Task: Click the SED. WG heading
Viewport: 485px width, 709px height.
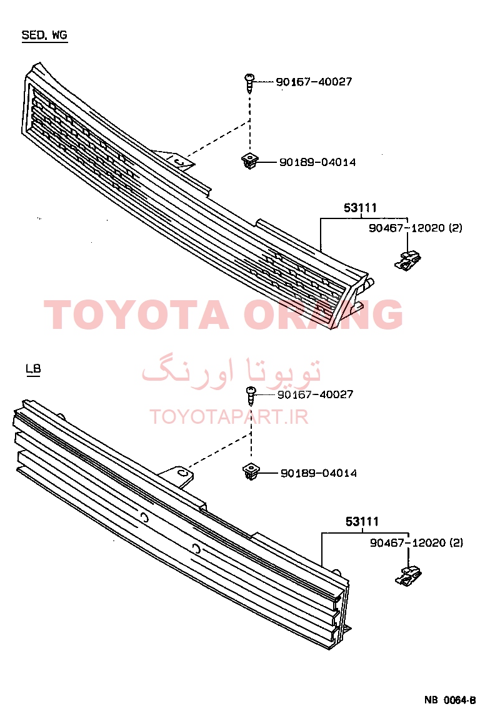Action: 44,36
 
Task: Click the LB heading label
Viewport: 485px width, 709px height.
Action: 33,369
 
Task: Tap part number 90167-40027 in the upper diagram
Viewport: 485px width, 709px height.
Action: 314,81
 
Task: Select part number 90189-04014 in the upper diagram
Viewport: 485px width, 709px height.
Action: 317,162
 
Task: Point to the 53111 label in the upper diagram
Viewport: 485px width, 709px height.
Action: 361,208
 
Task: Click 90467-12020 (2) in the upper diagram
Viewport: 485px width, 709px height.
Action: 415,227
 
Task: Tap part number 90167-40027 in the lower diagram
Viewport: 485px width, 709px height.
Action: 315,394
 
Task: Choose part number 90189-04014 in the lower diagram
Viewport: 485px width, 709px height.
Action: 319,473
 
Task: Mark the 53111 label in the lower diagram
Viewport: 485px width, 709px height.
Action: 362,521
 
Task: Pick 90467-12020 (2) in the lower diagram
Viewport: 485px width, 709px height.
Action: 417,542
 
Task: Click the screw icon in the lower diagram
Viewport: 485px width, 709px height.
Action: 251,395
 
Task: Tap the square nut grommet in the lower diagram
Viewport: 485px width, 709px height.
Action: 251,472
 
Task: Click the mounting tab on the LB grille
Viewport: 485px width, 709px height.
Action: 178,476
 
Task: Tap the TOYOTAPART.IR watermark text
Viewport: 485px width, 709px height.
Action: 229,416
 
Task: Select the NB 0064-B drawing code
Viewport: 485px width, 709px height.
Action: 450,700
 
